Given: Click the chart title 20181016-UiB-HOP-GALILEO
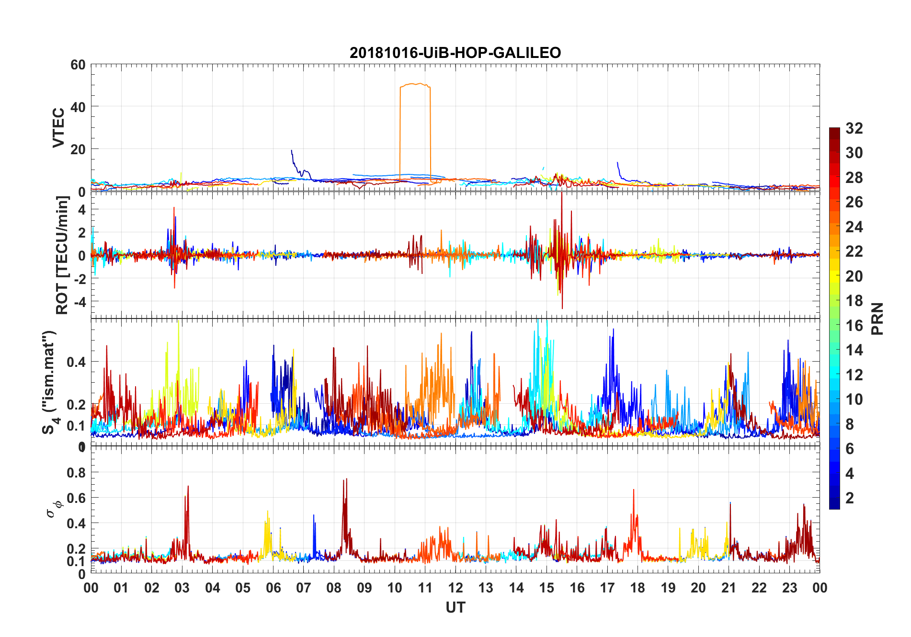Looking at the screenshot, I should coord(455,53).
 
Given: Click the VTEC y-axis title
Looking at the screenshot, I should coord(58,128).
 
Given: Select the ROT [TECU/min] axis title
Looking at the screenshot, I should coord(62,255).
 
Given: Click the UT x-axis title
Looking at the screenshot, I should coord(455,608).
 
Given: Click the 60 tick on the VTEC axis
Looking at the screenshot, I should coord(78,65).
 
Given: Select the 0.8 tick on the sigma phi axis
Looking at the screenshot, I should coord(76,473).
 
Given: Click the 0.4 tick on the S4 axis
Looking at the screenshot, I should coord(76,362).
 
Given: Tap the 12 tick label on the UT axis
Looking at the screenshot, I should coord(455,588).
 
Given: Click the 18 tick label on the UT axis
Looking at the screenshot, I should coord(638,588).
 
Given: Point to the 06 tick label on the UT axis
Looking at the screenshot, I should coord(273,588).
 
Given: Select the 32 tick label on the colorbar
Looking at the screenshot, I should coord(854,128).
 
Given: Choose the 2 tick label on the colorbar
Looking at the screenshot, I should coord(850,498).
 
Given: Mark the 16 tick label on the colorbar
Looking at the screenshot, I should coord(854,326).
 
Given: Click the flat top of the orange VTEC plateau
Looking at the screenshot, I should coord(415,84).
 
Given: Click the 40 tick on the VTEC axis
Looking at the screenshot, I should coord(78,107).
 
